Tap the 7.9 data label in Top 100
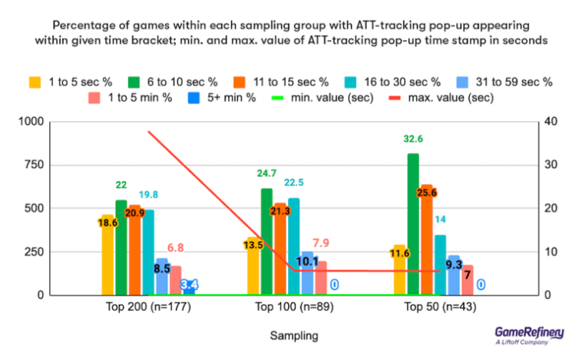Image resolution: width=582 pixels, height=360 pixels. click(x=321, y=243)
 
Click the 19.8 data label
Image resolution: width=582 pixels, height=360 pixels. click(x=148, y=194)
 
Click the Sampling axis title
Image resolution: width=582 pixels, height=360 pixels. click(x=293, y=336)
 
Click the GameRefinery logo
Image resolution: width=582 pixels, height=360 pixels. click(x=530, y=335)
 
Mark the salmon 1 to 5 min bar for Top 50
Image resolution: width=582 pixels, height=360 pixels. click(x=467, y=280)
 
